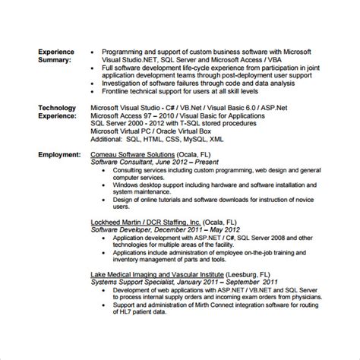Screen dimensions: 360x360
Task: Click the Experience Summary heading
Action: point(57,55)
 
